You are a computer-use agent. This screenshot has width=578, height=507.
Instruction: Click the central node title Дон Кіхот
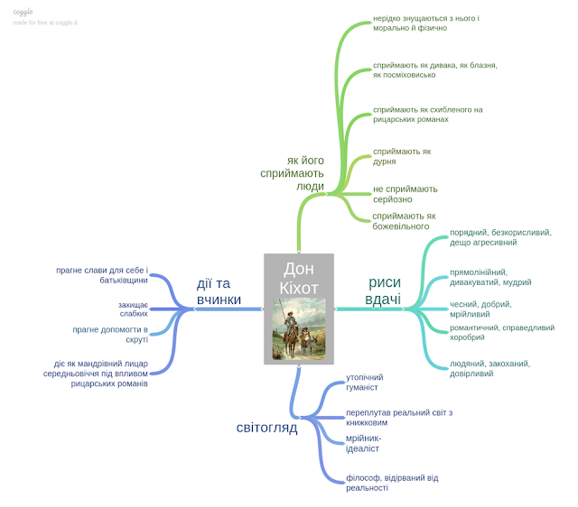point(299,280)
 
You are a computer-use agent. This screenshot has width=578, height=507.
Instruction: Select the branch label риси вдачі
point(383,290)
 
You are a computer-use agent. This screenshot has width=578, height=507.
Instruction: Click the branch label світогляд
point(266,428)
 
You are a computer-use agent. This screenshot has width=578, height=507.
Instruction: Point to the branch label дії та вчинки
point(219,290)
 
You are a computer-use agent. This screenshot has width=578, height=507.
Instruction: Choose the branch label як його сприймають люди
point(292,171)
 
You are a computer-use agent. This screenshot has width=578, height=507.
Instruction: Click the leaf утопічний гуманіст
point(365,382)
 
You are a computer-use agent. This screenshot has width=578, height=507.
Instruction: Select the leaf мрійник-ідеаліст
point(363,443)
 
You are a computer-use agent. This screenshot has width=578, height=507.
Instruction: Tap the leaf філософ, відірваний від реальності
point(392,483)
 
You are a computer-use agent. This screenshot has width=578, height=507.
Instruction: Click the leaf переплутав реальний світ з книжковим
point(398,418)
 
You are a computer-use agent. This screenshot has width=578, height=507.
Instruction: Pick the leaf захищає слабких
point(133,309)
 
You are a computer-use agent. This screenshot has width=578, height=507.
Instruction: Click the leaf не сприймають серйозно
point(405,194)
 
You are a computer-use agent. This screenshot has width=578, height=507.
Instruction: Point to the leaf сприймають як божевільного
point(404,221)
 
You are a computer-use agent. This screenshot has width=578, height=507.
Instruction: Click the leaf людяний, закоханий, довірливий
point(489,368)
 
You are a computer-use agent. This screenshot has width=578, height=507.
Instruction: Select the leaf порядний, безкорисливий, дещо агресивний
point(500,237)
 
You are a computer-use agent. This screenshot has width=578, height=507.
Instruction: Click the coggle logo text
point(23,12)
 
